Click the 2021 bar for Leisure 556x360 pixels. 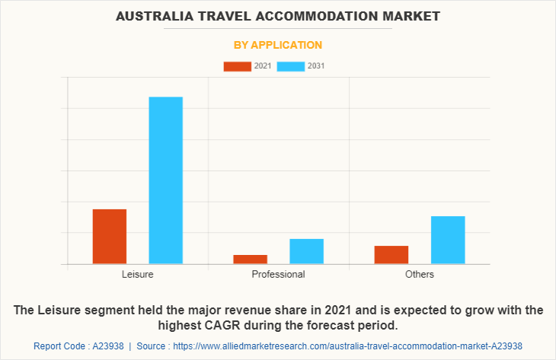[x=110, y=236]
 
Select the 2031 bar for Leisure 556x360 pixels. [x=165, y=180]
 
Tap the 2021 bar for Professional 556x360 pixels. [x=250, y=259]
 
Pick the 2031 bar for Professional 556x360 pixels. [x=306, y=251]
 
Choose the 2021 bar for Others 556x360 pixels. [x=391, y=254]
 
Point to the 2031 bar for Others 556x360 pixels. [x=448, y=240]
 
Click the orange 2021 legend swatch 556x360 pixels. [x=237, y=66]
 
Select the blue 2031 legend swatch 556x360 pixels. [x=290, y=66]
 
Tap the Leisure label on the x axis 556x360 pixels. [x=137, y=274]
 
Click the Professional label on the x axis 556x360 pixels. [x=278, y=274]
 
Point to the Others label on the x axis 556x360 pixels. [x=420, y=274]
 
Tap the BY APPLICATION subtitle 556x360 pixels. [x=277, y=45]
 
